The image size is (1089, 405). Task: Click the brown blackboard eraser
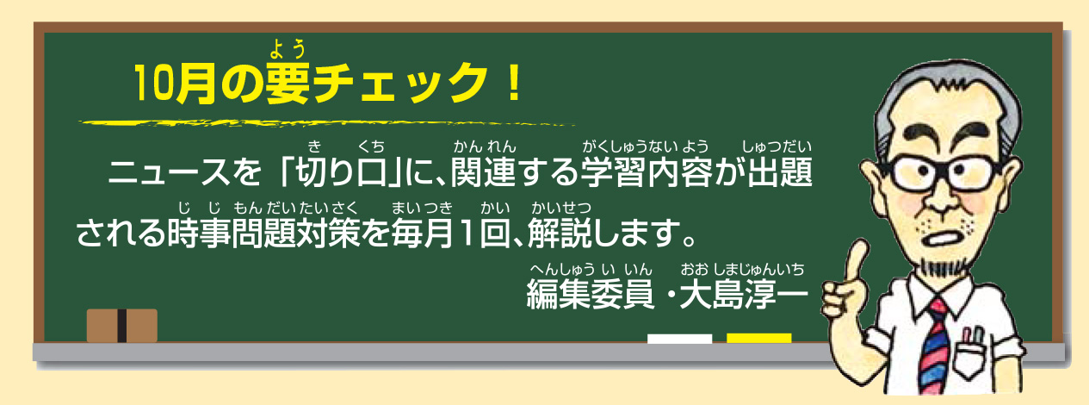pyautogui.click(x=122, y=325)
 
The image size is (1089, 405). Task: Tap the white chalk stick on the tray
pyautogui.click(x=679, y=339)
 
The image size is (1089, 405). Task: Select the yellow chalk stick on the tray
pyautogui.click(x=759, y=339)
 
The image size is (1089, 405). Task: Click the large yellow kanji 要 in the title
pyautogui.click(x=288, y=84)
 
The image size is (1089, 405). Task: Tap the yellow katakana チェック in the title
pyautogui.click(x=399, y=84)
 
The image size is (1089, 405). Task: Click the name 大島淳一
pyautogui.click(x=744, y=294)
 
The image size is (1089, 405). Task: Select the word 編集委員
pyautogui.click(x=591, y=294)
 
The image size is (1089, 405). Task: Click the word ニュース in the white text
pyautogui.click(x=169, y=172)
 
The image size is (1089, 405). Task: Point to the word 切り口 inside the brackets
pyautogui.click(x=341, y=172)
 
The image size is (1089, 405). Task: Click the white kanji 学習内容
pyautogui.click(x=647, y=172)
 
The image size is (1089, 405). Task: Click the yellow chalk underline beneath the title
pyautogui.click(x=327, y=123)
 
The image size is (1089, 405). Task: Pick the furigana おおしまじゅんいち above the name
pyautogui.click(x=742, y=269)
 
